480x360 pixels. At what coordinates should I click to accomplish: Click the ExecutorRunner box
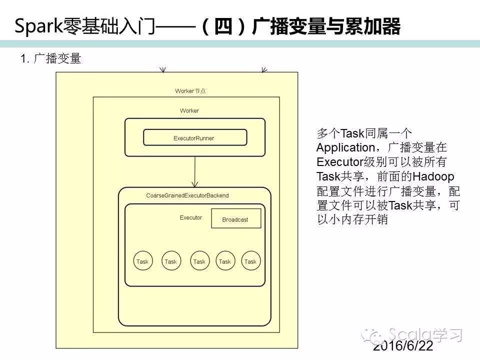click(x=195, y=137)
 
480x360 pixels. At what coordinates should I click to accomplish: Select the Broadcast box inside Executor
click(x=235, y=219)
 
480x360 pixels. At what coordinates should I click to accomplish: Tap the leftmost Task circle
click(x=142, y=261)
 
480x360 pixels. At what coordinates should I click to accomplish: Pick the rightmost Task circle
click(x=250, y=261)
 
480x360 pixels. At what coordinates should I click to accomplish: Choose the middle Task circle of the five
click(x=199, y=261)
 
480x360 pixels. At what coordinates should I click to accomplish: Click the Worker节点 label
click(x=190, y=91)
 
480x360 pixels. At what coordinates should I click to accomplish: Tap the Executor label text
click(x=191, y=217)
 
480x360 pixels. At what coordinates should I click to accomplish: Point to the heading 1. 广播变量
click(x=50, y=59)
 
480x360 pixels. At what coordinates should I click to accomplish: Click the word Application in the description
click(x=345, y=148)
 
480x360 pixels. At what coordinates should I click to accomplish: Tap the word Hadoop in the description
click(x=433, y=176)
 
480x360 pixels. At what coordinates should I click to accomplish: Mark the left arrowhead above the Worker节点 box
click(x=162, y=70)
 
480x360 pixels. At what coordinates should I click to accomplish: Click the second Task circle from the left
click(x=170, y=261)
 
